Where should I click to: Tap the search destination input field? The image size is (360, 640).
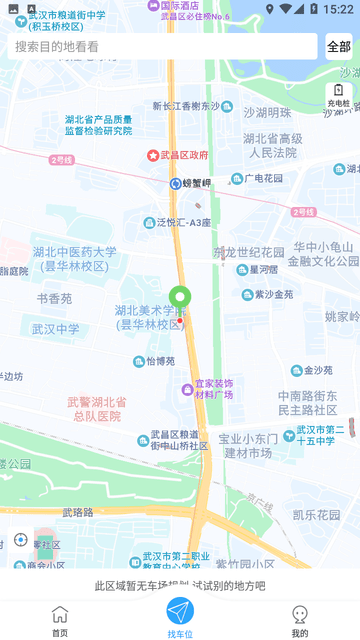pos(165,46)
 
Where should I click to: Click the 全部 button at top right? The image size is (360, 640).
pos(338,46)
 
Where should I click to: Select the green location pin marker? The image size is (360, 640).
pos(180,297)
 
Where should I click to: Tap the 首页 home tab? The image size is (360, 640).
pos(60,619)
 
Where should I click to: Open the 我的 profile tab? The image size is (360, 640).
pos(299,619)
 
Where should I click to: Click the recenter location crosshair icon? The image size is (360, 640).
pos(21,540)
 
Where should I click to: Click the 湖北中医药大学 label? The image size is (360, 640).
pos(74,258)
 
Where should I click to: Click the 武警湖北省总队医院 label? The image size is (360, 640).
pos(96,408)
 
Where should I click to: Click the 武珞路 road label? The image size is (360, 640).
pos(78,511)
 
